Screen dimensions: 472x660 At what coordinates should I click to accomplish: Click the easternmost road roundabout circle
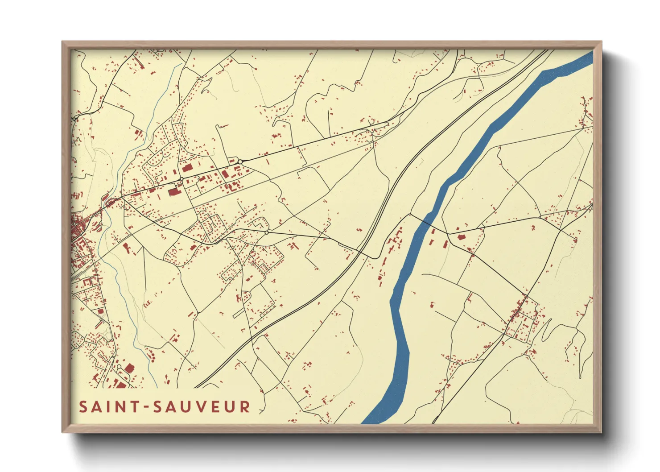(267, 232)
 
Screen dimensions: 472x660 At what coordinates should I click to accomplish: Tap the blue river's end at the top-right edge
(588, 57)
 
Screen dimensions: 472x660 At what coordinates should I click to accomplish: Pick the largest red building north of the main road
(186, 168)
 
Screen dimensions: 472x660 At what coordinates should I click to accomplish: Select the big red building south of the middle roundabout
(173, 192)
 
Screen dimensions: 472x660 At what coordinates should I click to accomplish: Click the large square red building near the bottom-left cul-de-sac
(130, 368)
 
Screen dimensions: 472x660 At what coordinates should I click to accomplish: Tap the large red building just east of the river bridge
(461, 237)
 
